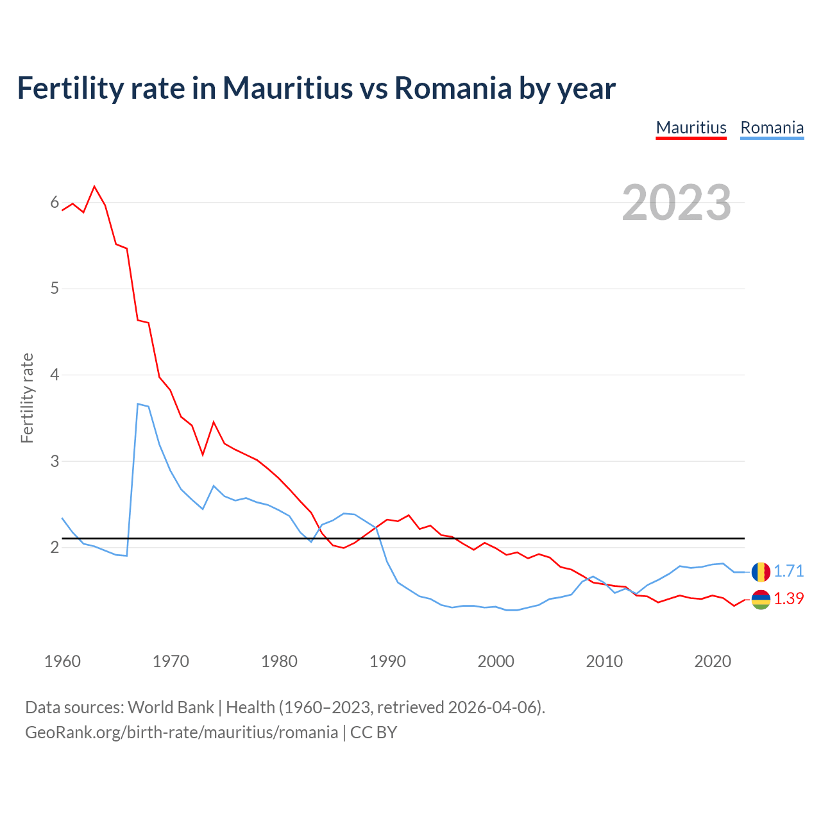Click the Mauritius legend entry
pyautogui.click(x=691, y=128)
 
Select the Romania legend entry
pyautogui.click(x=772, y=128)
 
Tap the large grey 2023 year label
pyautogui.click(x=677, y=203)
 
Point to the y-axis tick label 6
pyautogui.click(x=55, y=203)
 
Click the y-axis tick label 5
pyautogui.click(x=55, y=289)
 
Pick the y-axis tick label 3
pyautogui.click(x=55, y=461)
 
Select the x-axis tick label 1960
pyautogui.click(x=62, y=661)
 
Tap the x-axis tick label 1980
pyautogui.click(x=279, y=661)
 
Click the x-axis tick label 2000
pyautogui.click(x=496, y=661)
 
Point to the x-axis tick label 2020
pyautogui.click(x=713, y=661)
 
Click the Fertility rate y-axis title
pyautogui.click(x=27, y=398)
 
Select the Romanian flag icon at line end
pyautogui.click(x=761, y=571)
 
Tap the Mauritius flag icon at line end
pyautogui.click(x=761, y=599)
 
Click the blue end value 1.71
pyautogui.click(x=788, y=571)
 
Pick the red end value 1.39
pyautogui.click(x=788, y=599)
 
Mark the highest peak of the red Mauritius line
pyautogui.click(x=95, y=187)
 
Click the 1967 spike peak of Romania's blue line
pyautogui.click(x=138, y=404)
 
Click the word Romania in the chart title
pyautogui.click(x=453, y=88)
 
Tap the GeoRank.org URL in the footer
pyautogui.click(x=182, y=732)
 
